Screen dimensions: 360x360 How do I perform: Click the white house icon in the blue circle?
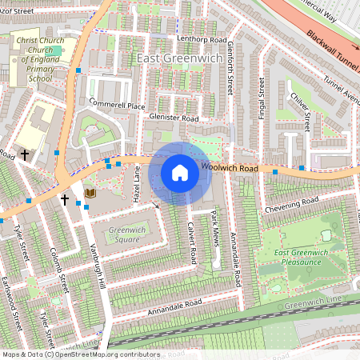pyautogui.click(x=180, y=173)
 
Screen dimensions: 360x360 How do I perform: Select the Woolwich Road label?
pyautogui.click(x=229, y=169)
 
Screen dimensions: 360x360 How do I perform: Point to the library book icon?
pyautogui.click(x=89, y=193)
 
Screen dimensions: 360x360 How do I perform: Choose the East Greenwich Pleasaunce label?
pyautogui.click(x=302, y=258)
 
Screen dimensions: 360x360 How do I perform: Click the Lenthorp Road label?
pyautogui.click(x=181, y=39)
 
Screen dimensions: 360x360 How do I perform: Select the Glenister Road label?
pyautogui.click(x=174, y=118)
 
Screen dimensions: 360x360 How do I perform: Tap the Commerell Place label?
pyautogui.click(x=117, y=105)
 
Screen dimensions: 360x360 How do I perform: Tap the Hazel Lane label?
pyautogui.click(x=137, y=183)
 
